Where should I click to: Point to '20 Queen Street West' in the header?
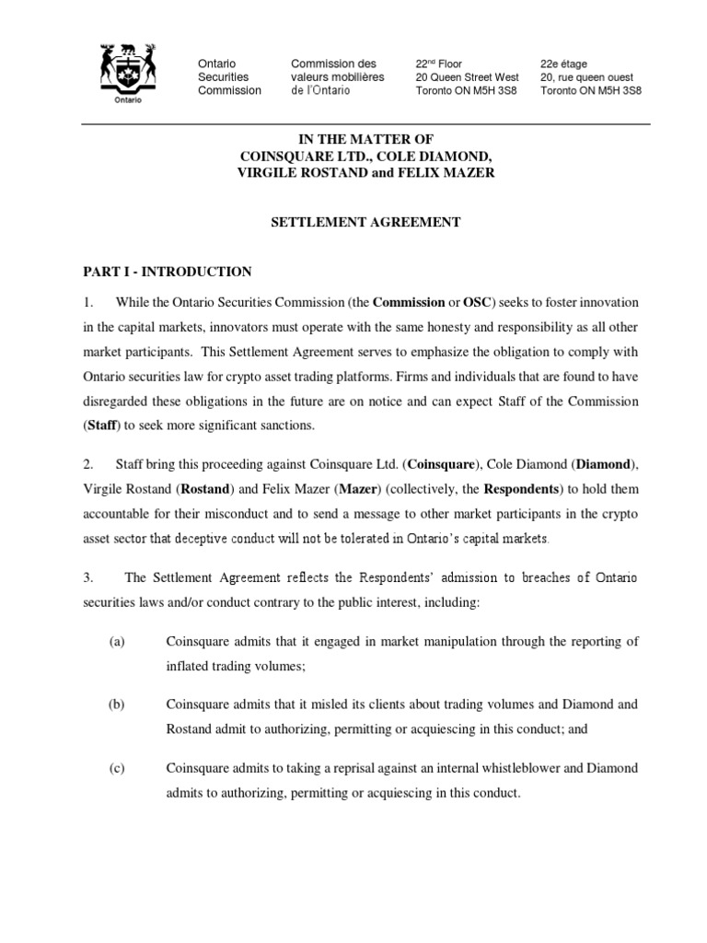pos(467,77)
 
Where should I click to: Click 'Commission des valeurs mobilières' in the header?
pos(337,71)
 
